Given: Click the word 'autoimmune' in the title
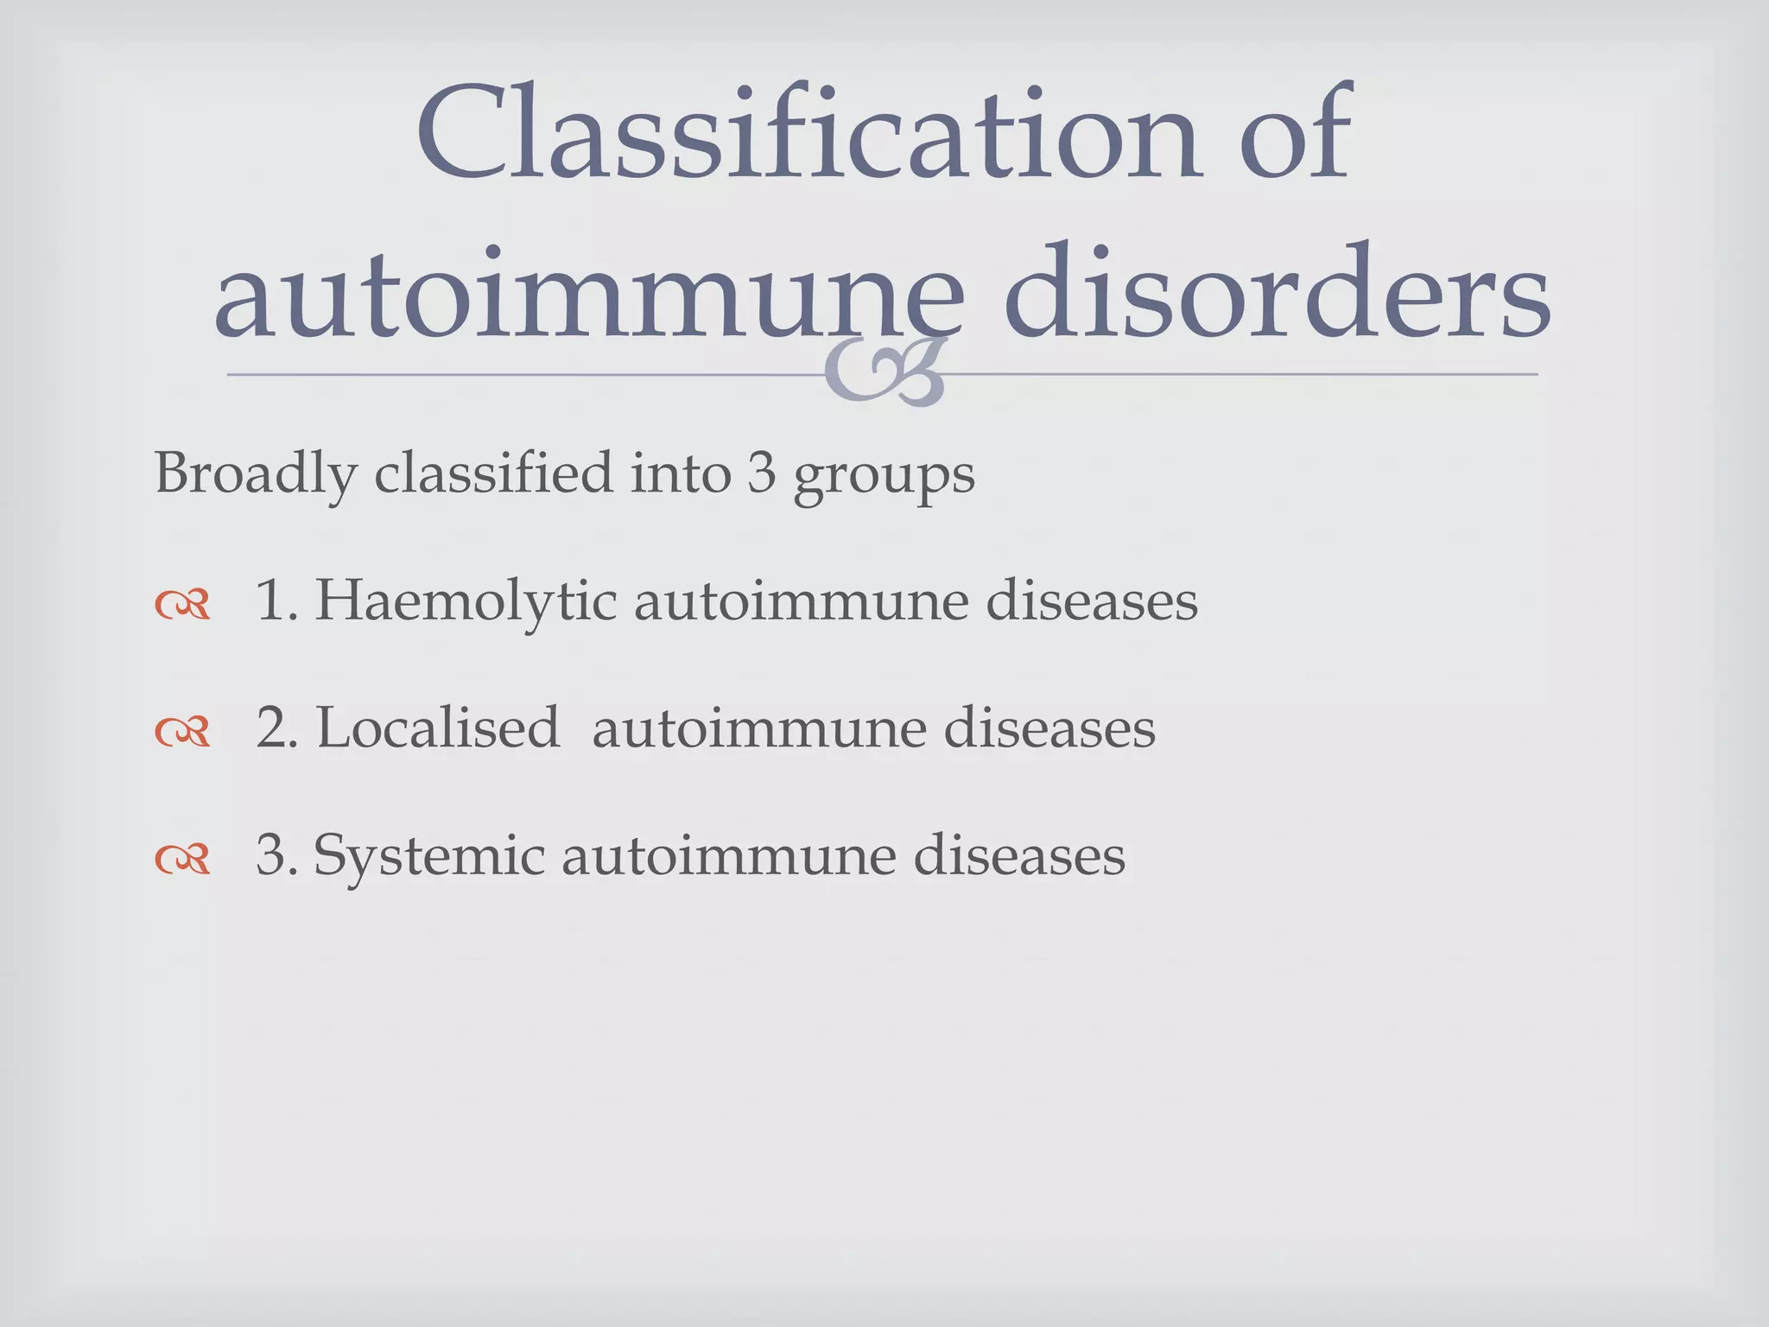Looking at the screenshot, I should (587, 294).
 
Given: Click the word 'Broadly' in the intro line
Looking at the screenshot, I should (256, 474).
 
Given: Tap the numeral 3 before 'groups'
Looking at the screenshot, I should (762, 474).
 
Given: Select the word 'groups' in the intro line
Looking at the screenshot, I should (884, 477).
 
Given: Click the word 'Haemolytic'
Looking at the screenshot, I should (466, 601).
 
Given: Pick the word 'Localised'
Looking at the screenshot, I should (438, 727).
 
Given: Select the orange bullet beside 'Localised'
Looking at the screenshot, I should (182, 733).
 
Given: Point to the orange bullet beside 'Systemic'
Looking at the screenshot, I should (182, 860).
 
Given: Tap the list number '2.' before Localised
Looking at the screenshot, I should (276, 727).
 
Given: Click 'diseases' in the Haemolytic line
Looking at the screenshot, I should (1092, 601).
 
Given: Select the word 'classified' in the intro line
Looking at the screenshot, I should (493, 474).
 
